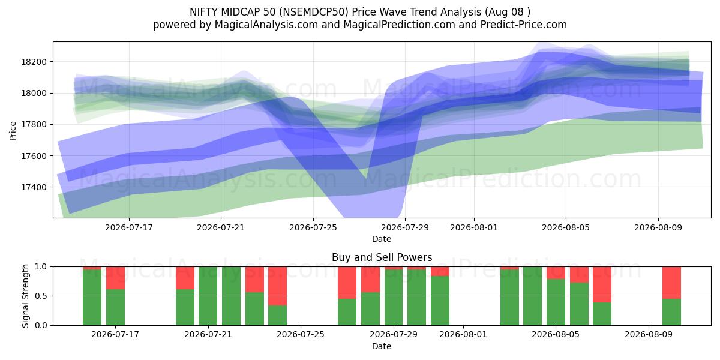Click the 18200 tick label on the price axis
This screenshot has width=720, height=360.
pyautogui.click(x=34, y=62)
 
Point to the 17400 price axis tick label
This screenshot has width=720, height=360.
pyautogui.click(x=34, y=187)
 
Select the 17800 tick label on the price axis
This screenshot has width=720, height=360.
pyautogui.click(x=34, y=124)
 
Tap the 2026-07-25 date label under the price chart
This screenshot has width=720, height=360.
pyautogui.click(x=313, y=227)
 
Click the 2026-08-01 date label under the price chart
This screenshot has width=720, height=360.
pyautogui.click(x=474, y=227)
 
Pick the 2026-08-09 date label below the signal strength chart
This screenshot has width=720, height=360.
pyautogui.click(x=649, y=334)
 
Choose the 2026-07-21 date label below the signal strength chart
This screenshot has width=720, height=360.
pyautogui.click(x=208, y=334)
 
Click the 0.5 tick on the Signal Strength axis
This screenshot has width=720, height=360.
pyautogui.click(x=41, y=296)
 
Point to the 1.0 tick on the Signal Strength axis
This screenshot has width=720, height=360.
pyautogui.click(x=41, y=266)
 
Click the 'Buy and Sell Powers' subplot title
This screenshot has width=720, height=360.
pyautogui.click(x=382, y=257)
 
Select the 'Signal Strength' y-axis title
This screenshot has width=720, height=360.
pyautogui.click(x=25, y=296)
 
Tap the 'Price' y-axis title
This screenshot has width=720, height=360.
pyautogui.click(x=13, y=131)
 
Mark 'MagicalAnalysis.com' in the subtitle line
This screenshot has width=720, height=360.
pyautogui.click(x=266, y=25)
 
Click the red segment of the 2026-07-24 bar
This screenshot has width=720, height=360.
pyautogui.click(x=277, y=286)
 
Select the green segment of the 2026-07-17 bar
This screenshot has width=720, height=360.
pyautogui.click(x=115, y=307)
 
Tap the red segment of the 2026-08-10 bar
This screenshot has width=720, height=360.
pyautogui.click(x=671, y=283)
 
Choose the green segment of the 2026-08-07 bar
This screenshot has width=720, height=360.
pyautogui.click(x=602, y=314)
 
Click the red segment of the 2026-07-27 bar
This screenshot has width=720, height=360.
pyautogui.click(x=347, y=283)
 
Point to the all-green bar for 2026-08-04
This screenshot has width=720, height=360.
pyautogui.click(x=532, y=296)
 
